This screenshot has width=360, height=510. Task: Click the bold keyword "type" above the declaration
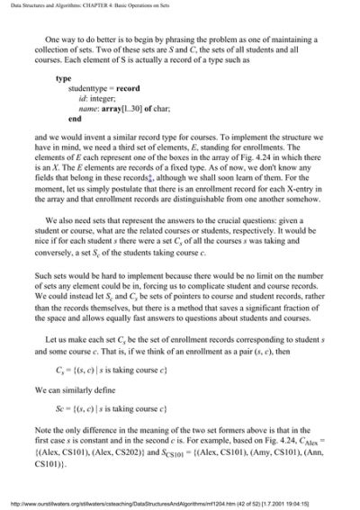tap(63, 79)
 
